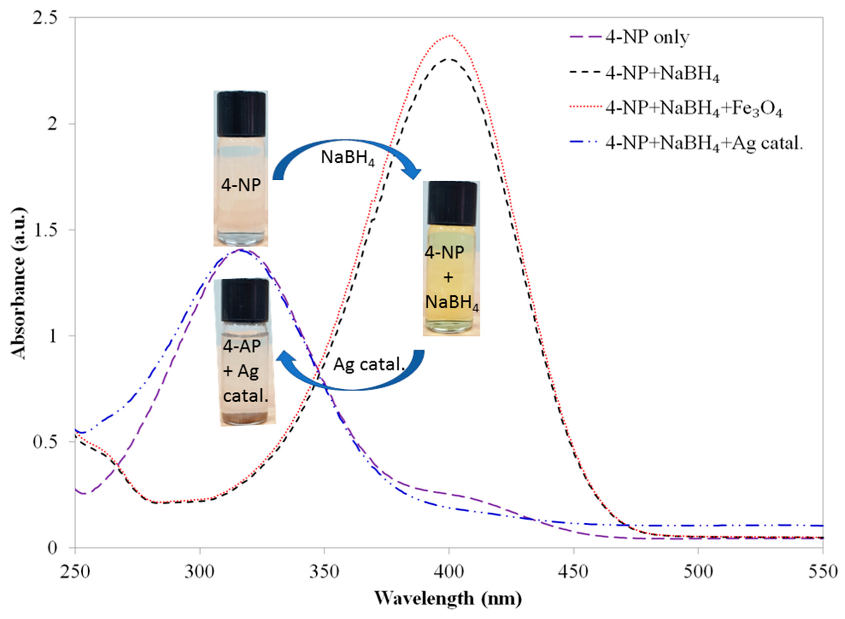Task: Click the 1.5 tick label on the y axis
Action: (x=52, y=230)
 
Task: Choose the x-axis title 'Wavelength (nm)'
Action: (x=448, y=598)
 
